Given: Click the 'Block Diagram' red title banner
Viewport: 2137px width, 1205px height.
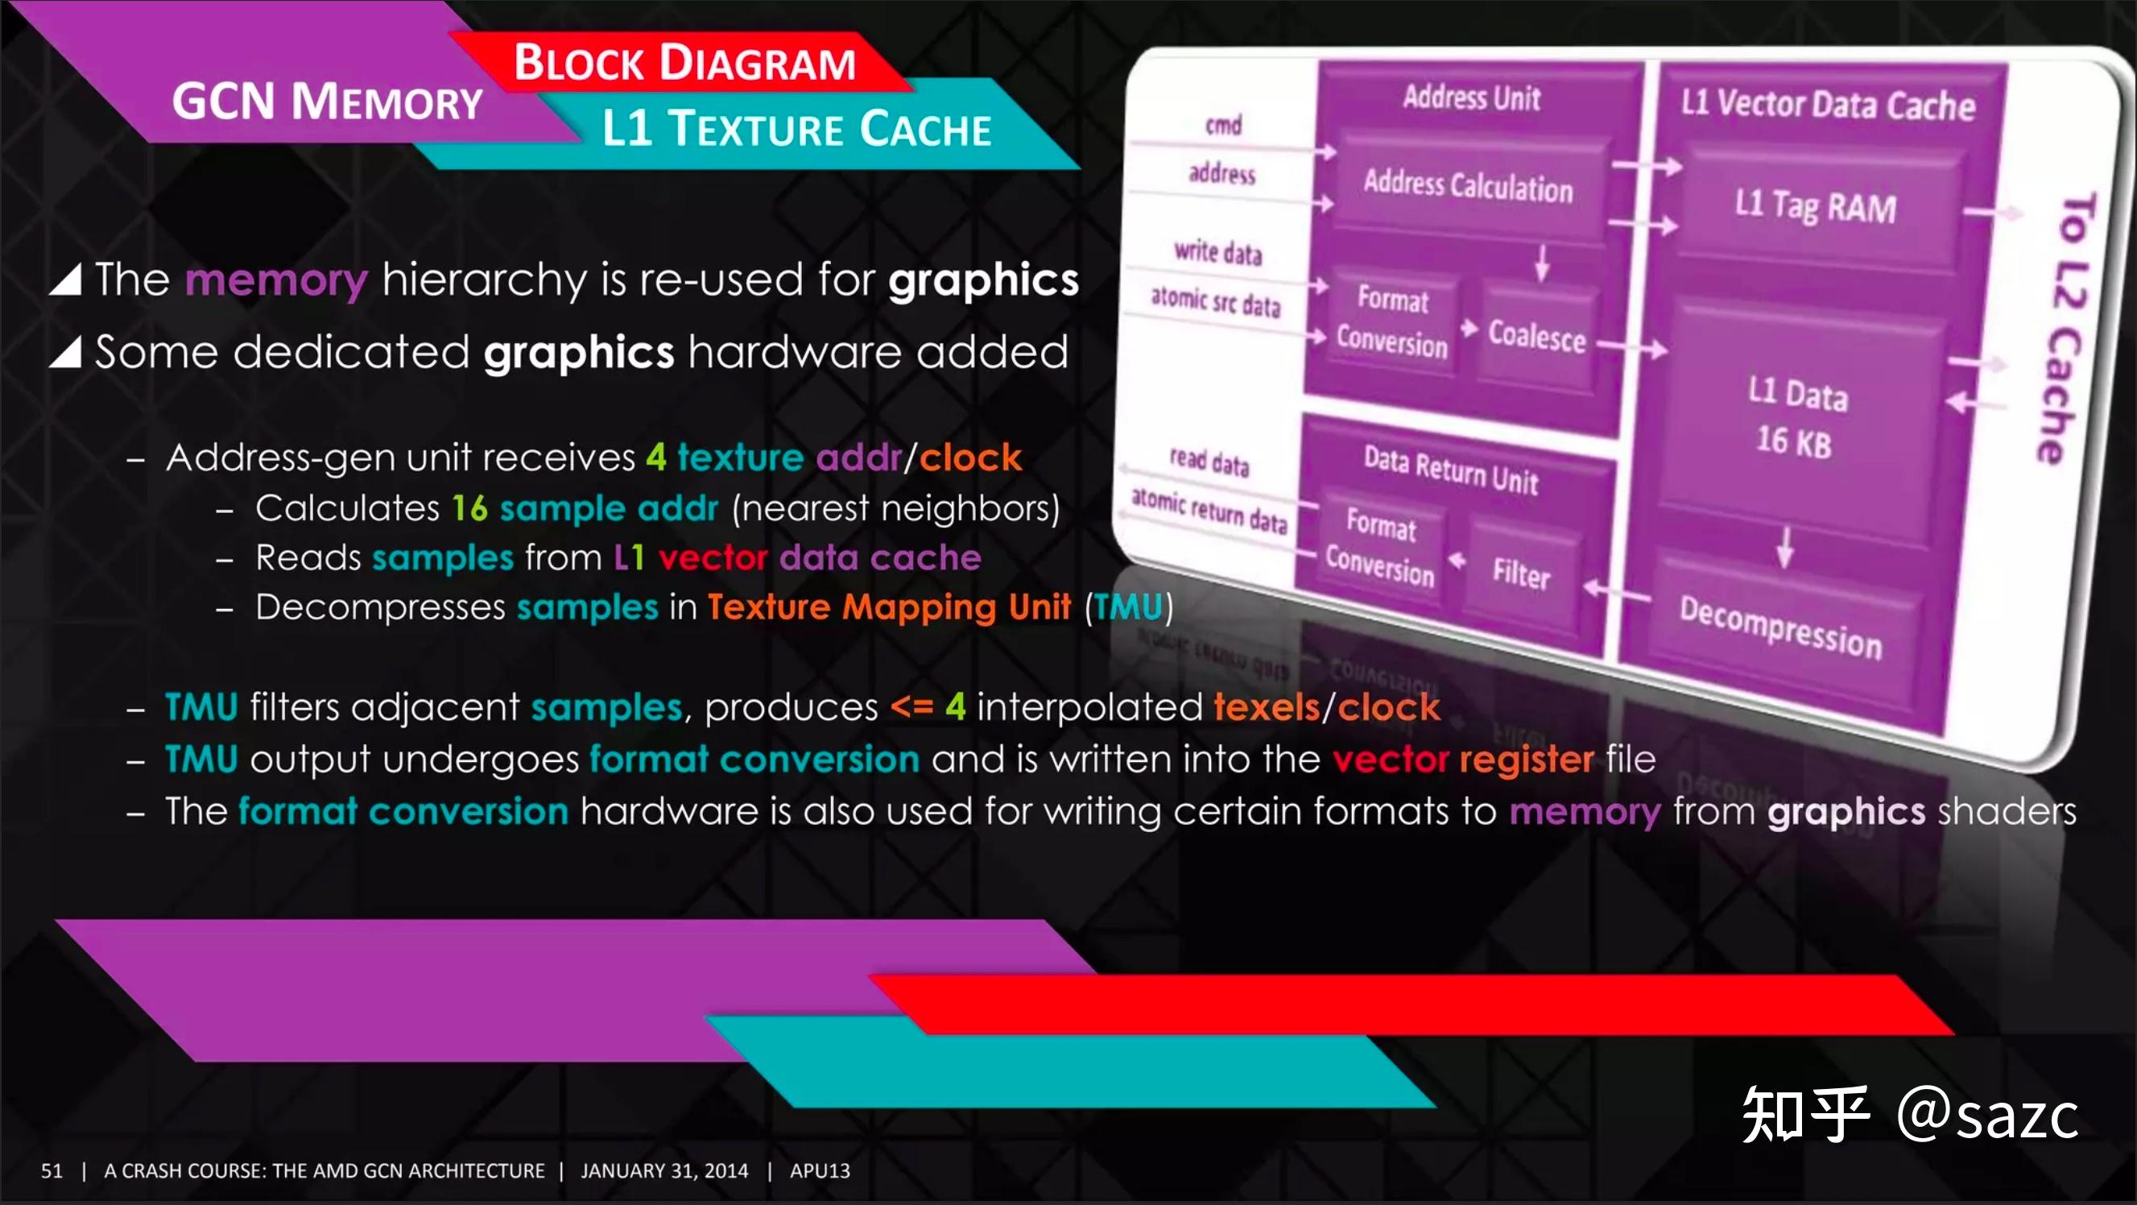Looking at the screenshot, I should point(684,62).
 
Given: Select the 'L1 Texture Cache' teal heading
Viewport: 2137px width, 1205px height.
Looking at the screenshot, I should point(796,129).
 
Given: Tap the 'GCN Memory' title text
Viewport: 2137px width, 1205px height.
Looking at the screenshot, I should point(327,102).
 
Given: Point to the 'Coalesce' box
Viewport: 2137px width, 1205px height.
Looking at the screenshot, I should point(1536,336).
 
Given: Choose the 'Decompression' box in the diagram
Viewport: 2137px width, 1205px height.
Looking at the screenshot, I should point(1780,627).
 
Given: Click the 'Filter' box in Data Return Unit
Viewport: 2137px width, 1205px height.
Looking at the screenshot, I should point(1521,573).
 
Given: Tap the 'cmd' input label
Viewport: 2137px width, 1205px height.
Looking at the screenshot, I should point(1224,126).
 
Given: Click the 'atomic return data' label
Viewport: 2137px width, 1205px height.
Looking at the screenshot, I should point(1209,510).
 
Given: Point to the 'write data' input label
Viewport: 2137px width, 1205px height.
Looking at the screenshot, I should point(1217,251).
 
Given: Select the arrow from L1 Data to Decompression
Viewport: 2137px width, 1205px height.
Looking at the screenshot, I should point(1785,548).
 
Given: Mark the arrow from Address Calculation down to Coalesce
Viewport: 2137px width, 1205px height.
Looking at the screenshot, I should point(1541,263).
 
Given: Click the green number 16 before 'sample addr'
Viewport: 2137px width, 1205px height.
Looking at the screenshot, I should point(469,508).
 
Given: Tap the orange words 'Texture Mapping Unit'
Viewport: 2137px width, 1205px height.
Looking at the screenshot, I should point(888,607).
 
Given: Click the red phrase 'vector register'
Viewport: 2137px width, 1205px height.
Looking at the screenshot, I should point(1463,760).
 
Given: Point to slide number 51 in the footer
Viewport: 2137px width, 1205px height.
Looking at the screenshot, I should point(52,1171).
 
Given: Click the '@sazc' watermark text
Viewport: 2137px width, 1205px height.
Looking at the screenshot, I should point(1988,1115).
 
